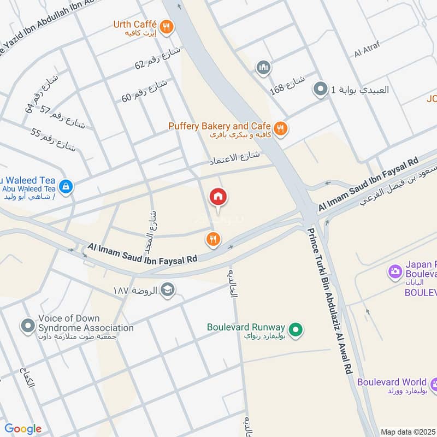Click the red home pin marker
[218, 197]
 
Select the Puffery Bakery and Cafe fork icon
[280, 129]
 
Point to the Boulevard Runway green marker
[296, 329]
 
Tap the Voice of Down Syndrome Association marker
[27, 326]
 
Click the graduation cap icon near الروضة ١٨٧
[168, 290]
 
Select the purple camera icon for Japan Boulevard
[394, 270]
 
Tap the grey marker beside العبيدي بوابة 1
[319, 89]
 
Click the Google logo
[23, 429]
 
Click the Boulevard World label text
[392, 382]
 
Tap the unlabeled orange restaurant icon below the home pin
[213, 239]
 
